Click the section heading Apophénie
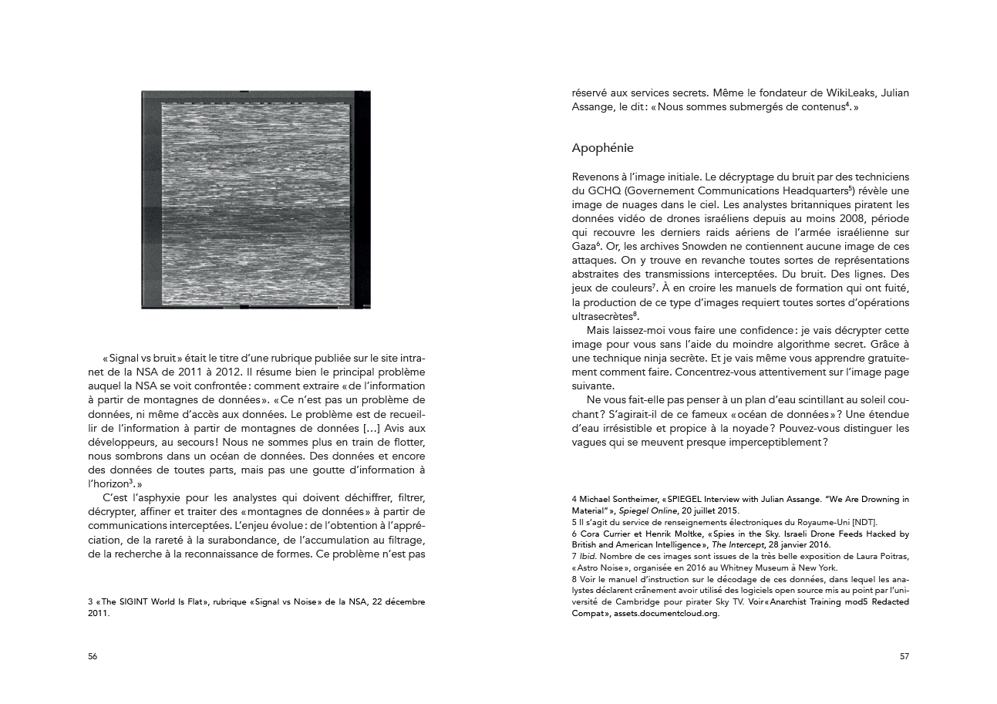click(x=603, y=147)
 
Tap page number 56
click(x=93, y=657)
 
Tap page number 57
click(x=904, y=657)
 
